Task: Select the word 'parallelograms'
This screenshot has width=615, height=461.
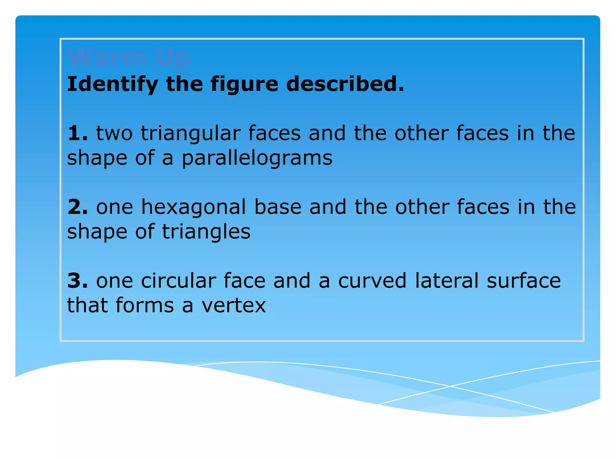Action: pos(257,158)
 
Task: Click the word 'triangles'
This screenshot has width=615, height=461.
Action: pos(206,232)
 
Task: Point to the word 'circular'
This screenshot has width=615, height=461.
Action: pos(178,281)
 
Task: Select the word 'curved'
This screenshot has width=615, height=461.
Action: pos(372,281)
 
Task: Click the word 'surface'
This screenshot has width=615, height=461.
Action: pos(524,281)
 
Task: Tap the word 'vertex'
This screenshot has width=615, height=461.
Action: pos(234,306)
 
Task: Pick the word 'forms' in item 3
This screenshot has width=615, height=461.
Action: pos(144,305)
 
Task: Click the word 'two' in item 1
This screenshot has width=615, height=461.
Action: pos(114,133)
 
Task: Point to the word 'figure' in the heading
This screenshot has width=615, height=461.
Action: pos(244,84)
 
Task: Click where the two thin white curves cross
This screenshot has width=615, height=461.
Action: pos(450,386)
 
